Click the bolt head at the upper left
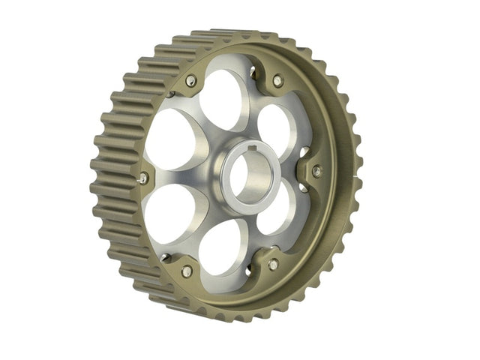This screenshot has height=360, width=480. point(190,80)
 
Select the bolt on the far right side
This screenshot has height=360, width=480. point(316,171)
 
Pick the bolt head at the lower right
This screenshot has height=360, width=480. point(273,264)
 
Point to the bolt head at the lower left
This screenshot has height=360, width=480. point(186,271)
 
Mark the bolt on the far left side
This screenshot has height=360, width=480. point(143,178)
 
